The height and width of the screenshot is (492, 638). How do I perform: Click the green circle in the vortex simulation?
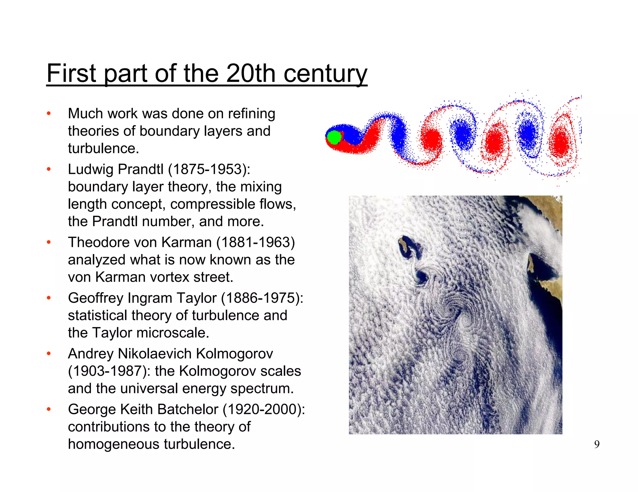point(334,137)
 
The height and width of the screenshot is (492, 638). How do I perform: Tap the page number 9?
point(597,444)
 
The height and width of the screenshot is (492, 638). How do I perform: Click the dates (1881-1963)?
point(255,242)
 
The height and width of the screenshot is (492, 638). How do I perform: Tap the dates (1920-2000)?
point(264,409)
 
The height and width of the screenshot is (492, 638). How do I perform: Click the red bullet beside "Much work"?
point(49,114)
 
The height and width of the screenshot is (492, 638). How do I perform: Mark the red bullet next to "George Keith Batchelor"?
point(49,409)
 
